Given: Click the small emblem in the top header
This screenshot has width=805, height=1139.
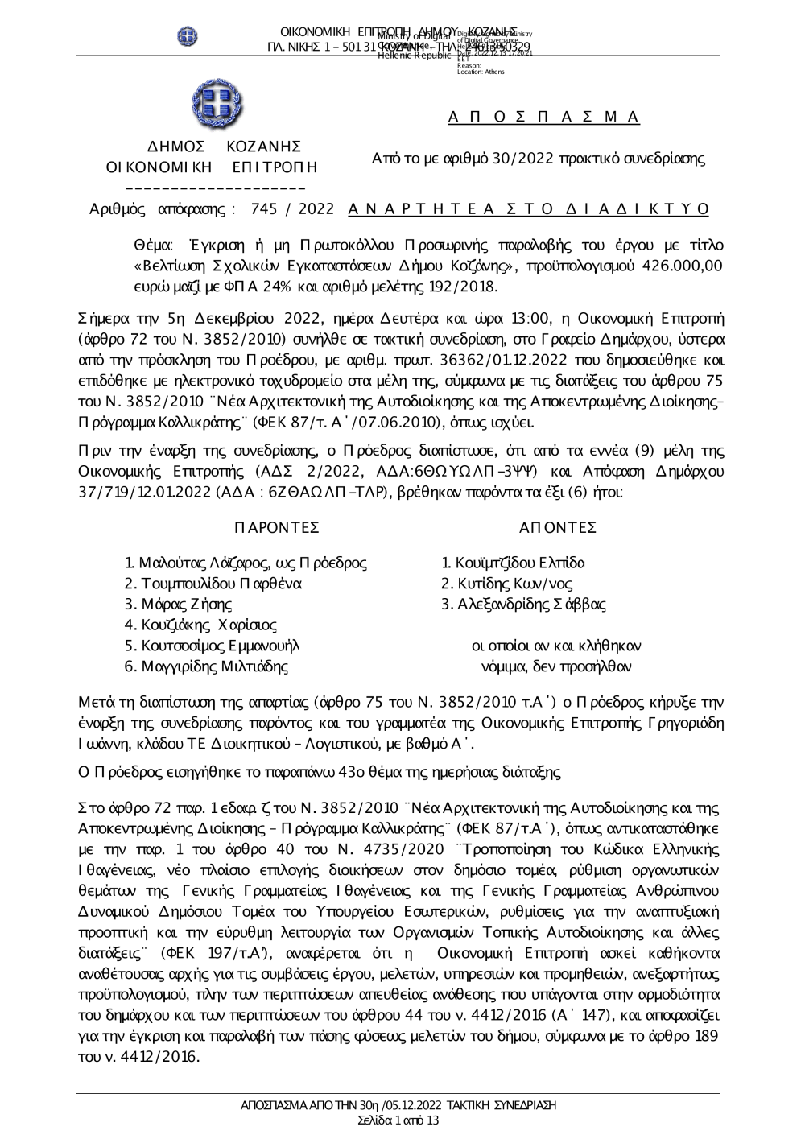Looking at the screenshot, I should click(x=188, y=35).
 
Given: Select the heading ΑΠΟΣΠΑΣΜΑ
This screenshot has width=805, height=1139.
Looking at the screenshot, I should click(x=543, y=118).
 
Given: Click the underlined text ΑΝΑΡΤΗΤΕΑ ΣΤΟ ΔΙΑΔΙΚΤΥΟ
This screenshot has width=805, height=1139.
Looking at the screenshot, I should click(x=529, y=209).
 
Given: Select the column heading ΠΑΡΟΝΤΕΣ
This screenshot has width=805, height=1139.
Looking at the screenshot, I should click(x=276, y=527).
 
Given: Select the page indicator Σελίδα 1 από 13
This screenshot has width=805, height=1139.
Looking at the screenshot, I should click(x=398, y=1120).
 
